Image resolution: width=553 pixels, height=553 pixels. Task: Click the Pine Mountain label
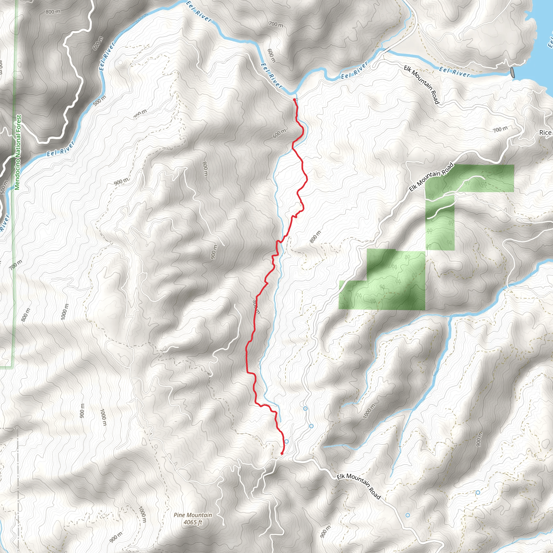click(193, 515)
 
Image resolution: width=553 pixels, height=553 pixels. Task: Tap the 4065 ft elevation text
click(193, 522)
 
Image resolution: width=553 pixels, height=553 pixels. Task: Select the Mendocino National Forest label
click(18, 152)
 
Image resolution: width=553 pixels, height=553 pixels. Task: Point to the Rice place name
click(545, 133)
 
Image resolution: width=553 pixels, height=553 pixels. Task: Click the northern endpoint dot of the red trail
click(294, 100)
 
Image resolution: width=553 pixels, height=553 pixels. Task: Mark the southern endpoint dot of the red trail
click(282, 453)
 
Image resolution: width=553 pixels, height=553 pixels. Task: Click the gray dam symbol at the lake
click(512, 72)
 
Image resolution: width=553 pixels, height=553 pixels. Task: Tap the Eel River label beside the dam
click(454, 72)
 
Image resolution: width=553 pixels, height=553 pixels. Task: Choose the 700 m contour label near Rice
click(500, 129)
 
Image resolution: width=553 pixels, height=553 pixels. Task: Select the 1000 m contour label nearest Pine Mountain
click(142, 514)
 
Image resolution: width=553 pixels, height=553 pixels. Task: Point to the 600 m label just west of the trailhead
click(279, 133)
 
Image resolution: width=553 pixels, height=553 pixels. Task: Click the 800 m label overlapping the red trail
click(256, 307)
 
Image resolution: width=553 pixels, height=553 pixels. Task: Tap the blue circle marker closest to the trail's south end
click(286, 441)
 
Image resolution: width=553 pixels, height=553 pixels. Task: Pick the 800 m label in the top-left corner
click(53, 12)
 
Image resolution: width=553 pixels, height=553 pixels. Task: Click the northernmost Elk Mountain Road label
click(421, 85)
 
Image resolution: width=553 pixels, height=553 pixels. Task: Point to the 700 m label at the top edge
click(276, 25)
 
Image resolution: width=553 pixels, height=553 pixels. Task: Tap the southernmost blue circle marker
click(407, 515)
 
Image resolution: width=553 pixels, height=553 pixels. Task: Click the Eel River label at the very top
click(199, 12)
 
